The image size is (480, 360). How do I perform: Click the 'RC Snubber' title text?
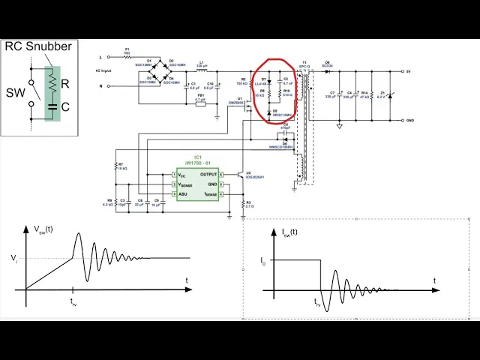(38, 46)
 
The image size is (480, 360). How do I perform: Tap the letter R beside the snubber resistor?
(64, 84)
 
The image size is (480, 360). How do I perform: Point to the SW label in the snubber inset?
(16, 93)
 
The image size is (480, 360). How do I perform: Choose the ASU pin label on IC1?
(183, 193)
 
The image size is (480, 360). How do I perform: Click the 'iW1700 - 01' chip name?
(196, 163)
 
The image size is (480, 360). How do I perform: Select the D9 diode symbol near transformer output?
(327, 71)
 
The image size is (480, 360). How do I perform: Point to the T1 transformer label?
(304, 62)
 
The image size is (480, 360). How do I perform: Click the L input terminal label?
(100, 56)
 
